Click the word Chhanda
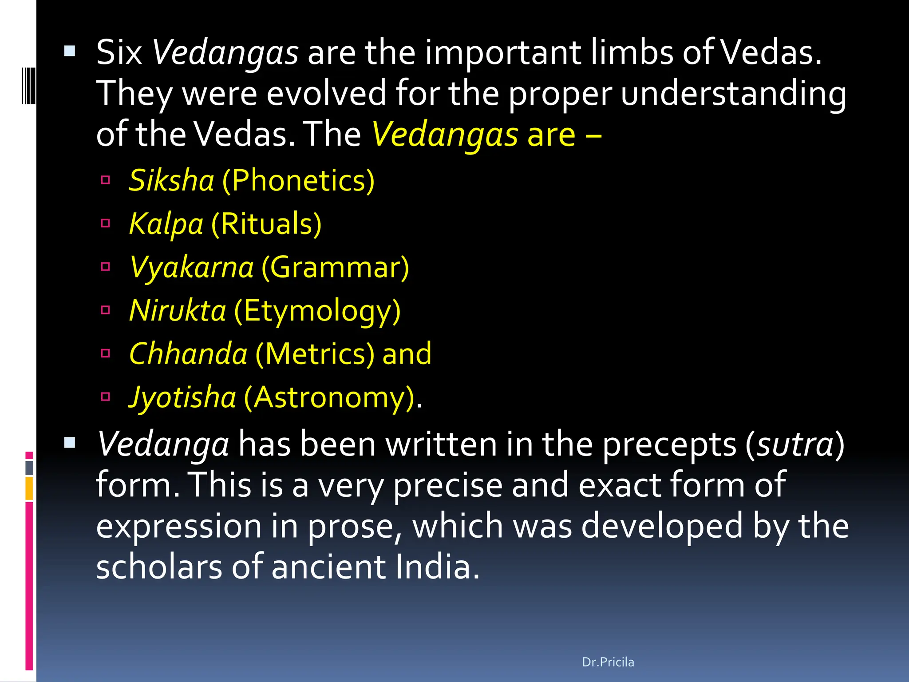tap(188, 353)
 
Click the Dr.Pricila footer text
tap(608, 662)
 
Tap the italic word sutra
tap(795, 444)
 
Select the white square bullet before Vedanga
tap(70, 442)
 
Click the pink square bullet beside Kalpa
tap(106, 223)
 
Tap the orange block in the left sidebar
tap(29, 488)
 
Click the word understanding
tap(733, 93)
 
